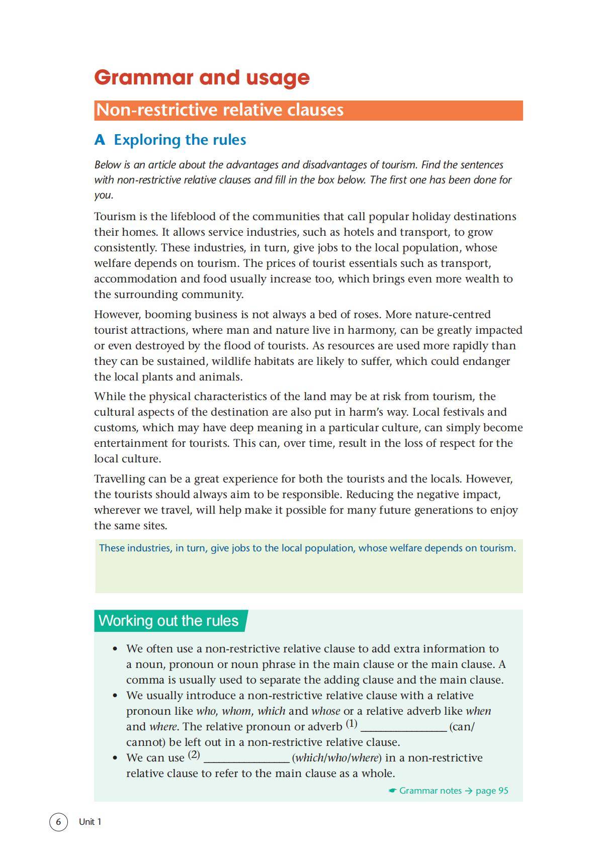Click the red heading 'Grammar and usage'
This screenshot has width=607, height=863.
click(x=202, y=77)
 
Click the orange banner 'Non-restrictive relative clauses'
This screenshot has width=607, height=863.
click(x=220, y=110)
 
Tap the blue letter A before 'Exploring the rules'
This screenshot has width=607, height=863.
click(x=100, y=140)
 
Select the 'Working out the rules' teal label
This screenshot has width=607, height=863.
click(x=168, y=621)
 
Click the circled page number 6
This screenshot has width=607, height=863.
click(x=58, y=822)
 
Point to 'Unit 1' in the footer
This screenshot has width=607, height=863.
click(x=90, y=822)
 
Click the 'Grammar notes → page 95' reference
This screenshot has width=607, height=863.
click(x=449, y=791)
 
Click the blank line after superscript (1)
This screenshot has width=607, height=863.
click(x=404, y=727)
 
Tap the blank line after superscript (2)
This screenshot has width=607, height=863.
click(x=246, y=758)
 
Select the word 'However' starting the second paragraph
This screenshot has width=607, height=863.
click(x=117, y=315)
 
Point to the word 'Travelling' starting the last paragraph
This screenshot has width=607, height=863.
click(x=119, y=479)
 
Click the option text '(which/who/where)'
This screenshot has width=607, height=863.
click(x=336, y=758)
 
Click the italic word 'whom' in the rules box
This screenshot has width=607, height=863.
click(x=236, y=711)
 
